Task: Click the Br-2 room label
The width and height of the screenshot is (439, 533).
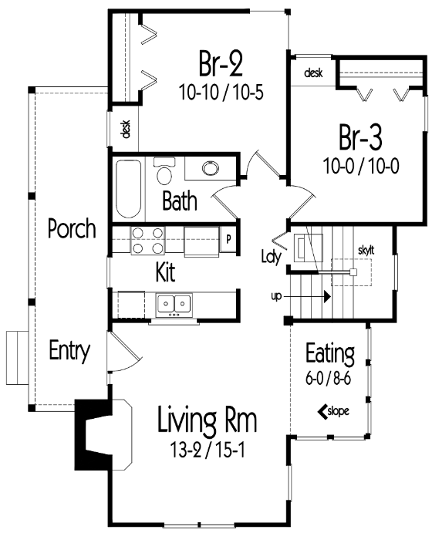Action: [x=221, y=63]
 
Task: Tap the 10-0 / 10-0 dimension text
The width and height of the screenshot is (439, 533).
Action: [x=361, y=166]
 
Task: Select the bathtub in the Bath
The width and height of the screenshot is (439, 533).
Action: [x=128, y=189]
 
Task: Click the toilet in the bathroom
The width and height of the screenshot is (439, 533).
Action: [x=164, y=171]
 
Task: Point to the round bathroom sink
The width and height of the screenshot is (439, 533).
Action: [x=211, y=168]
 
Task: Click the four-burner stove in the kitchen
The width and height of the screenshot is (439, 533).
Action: [x=147, y=241]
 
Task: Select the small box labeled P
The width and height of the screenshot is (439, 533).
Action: [x=228, y=239]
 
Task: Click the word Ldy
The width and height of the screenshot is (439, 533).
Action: [x=271, y=256]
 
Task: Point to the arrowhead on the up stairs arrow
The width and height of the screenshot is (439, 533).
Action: [x=327, y=296]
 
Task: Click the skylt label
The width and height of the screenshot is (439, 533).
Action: [x=366, y=251]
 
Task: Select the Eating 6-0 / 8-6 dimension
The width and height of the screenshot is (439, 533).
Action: [x=328, y=379]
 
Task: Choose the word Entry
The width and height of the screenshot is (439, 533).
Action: [x=69, y=350]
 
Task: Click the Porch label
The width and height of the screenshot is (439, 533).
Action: [x=72, y=228]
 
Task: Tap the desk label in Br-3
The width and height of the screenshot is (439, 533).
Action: [x=313, y=73]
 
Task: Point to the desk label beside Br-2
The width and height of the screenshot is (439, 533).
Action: [x=126, y=129]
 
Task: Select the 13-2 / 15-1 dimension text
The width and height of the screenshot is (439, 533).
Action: [x=207, y=450]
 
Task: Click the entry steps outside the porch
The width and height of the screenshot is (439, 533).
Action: [x=17, y=358]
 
